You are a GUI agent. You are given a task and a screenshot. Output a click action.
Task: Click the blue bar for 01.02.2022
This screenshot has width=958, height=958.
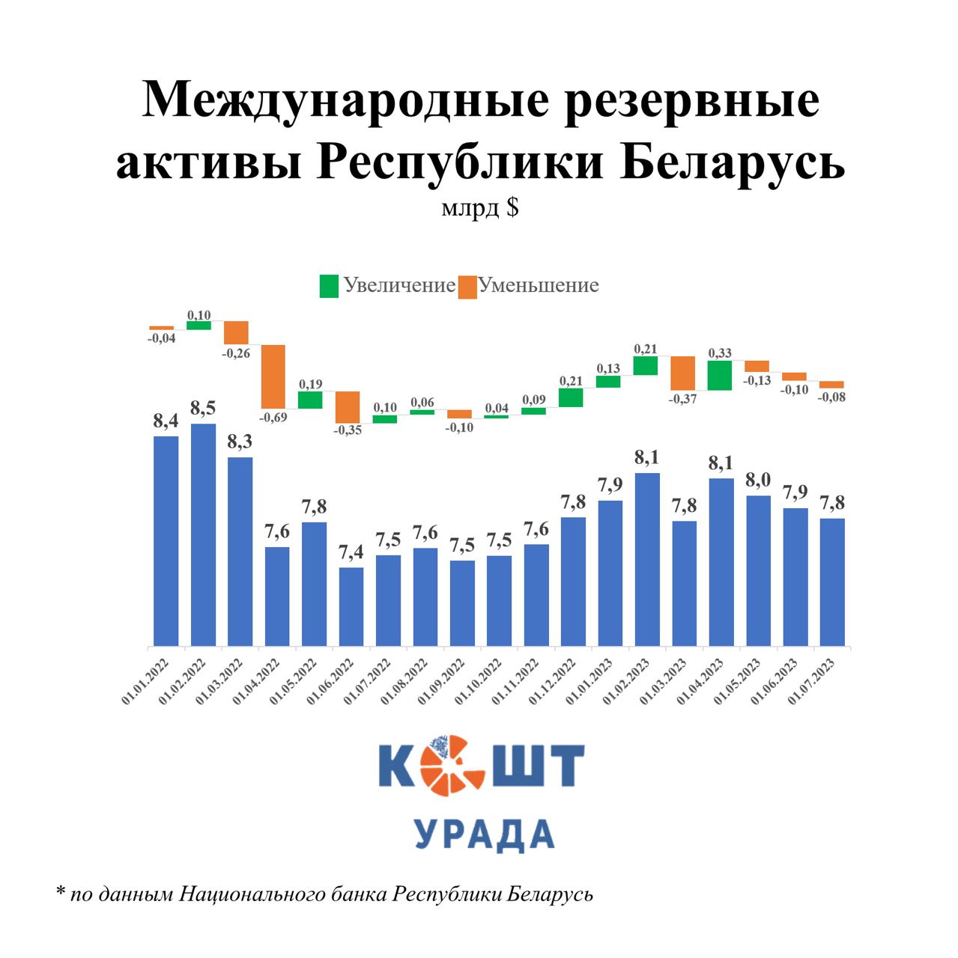tap(203, 534)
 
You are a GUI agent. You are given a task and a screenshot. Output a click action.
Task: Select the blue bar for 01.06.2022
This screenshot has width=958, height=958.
tap(351, 606)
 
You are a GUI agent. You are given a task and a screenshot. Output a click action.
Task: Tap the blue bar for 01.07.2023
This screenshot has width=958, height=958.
tap(832, 582)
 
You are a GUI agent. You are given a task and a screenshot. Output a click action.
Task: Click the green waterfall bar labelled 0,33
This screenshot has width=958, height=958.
tap(720, 376)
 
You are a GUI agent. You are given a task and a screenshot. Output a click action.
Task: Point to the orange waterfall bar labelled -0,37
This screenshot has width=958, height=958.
tap(682, 373)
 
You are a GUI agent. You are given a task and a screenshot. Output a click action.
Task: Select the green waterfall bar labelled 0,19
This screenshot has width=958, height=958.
tap(310, 400)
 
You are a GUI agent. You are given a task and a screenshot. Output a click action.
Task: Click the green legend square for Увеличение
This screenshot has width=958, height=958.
tap(329, 286)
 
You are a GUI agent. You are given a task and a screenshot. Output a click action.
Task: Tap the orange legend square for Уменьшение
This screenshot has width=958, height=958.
tap(467, 287)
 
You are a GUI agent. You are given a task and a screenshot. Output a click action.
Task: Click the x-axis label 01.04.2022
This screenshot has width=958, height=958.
tap(256, 681)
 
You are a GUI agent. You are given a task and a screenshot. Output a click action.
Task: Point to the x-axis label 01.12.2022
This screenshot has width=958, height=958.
tap(553, 681)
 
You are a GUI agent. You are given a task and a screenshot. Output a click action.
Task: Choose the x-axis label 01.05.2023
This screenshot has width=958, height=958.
tap(738, 681)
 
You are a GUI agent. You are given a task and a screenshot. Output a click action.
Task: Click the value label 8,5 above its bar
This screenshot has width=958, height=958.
tap(203, 408)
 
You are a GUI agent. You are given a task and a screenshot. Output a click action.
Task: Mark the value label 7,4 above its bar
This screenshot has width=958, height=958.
tap(351, 552)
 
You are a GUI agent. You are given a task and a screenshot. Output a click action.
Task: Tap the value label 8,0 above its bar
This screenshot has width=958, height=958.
tap(758, 480)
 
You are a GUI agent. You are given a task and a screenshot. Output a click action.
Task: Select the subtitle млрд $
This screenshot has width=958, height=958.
tap(479, 207)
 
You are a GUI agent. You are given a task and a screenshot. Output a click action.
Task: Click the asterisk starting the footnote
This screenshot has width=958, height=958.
tap(61, 892)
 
